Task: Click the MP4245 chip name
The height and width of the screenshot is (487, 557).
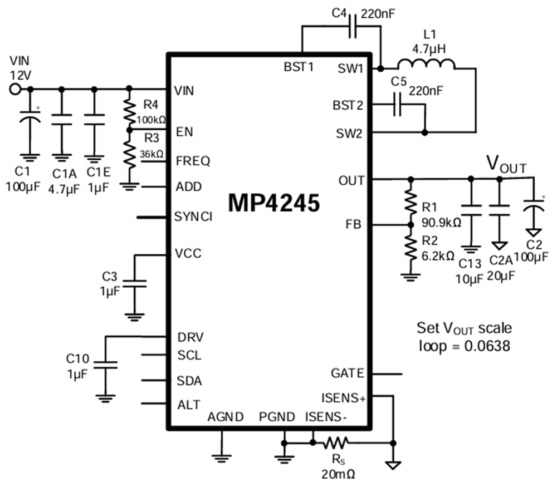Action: (274, 204)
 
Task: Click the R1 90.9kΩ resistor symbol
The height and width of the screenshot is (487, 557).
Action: (411, 203)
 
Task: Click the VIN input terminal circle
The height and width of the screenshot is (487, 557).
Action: (15, 89)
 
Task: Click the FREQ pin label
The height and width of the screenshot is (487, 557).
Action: (193, 161)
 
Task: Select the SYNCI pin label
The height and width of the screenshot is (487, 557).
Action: (193, 217)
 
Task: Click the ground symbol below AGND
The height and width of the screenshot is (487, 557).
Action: (222, 458)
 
